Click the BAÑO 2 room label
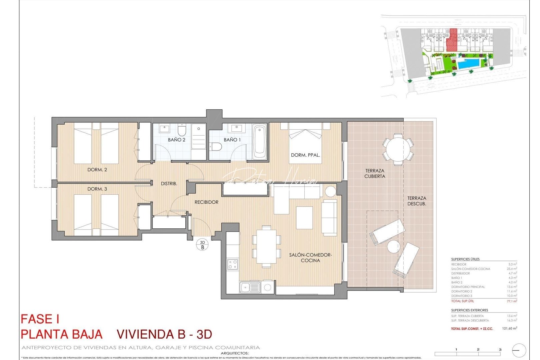pyautogui.click(x=176, y=140)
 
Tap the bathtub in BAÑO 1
pyautogui.click(x=260, y=142)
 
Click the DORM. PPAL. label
pyautogui.click(x=305, y=155)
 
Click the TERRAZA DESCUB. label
pyautogui.click(x=417, y=201)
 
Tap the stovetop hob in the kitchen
pyautogui.click(x=233, y=264)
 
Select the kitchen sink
pyautogui.click(x=250, y=287)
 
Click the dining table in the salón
pyautogui.click(x=266, y=246)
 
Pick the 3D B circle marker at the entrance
pyautogui.click(x=202, y=245)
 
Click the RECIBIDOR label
pyautogui.click(x=206, y=202)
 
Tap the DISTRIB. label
pyautogui.click(x=169, y=183)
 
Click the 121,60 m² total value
pyautogui.click(x=510, y=328)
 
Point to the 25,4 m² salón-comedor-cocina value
pyautogui.click(x=512, y=269)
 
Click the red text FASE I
pyautogui.click(x=40, y=319)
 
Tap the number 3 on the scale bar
pyautogui.click(x=500, y=349)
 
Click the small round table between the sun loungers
pyautogui.click(x=393, y=247)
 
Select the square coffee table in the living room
pyautogui.click(x=304, y=218)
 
